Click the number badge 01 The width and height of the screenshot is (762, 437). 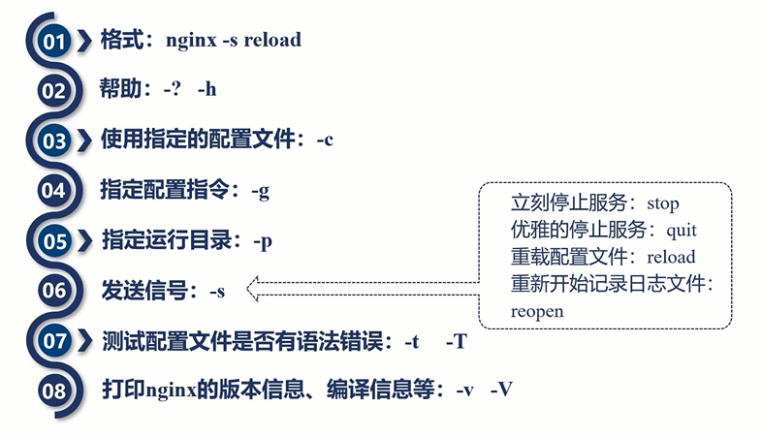point(53,42)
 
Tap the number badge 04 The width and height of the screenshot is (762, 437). point(53,190)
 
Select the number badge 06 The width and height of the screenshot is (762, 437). point(53,290)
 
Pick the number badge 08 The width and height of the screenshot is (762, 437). point(53,391)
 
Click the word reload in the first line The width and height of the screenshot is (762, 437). point(272,40)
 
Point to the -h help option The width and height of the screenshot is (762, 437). point(206,89)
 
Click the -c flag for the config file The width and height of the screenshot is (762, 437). point(325,140)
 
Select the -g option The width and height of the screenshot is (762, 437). point(260,190)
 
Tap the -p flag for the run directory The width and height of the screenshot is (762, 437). point(262,240)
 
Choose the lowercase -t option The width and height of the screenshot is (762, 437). point(410,341)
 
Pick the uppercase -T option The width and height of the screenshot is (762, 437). point(457,341)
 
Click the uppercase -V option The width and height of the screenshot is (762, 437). point(501,391)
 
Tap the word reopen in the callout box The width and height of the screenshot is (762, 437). point(537,312)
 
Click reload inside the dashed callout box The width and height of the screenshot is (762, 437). point(671,258)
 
